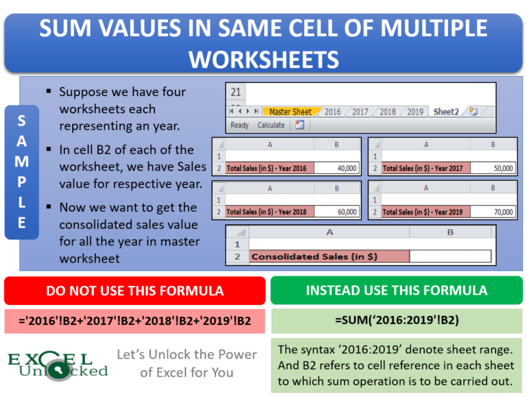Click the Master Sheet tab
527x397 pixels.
(290, 112)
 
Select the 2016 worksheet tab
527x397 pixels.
(333, 112)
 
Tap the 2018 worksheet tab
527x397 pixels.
(388, 112)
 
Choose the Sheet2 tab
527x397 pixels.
(446, 112)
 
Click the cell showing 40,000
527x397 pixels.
(337, 168)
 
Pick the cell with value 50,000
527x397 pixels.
(493, 168)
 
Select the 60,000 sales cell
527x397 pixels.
(337, 212)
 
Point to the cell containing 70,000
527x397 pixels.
(493, 212)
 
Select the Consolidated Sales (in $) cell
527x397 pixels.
(329, 256)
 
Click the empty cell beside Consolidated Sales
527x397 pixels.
(450, 256)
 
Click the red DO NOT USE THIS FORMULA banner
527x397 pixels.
(134, 291)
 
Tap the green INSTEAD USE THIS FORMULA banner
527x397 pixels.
(397, 291)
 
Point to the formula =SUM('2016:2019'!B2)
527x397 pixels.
(397, 320)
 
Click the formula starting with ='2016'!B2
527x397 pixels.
(134, 320)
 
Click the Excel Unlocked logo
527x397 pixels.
(58, 365)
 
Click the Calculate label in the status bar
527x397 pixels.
(270, 125)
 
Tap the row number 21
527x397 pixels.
(236, 93)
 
